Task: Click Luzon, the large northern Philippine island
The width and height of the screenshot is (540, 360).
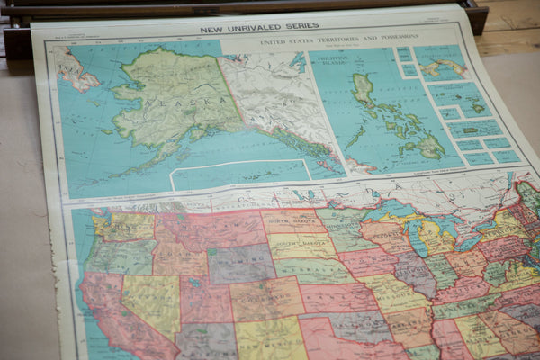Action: [364, 90]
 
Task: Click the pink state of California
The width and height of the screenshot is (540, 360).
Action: [112, 310]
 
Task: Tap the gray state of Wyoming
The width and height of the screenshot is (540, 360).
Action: [241, 264]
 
